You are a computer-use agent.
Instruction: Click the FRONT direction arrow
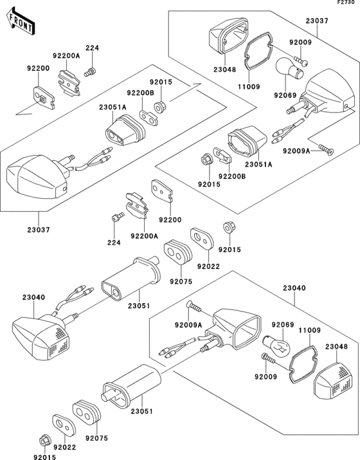pos(20,21)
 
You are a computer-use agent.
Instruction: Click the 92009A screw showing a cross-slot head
pos(327,149)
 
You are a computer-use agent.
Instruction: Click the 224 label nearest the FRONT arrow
pos(93,48)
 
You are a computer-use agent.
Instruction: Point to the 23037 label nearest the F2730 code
pos(317,21)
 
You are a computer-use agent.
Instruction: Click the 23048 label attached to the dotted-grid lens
pos(336,347)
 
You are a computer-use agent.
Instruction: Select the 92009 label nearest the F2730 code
pos(300,42)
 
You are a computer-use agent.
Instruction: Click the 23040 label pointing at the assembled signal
pos(33,297)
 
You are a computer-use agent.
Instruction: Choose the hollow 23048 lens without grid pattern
pos(228,36)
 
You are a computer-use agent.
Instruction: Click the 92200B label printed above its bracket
pos(140,93)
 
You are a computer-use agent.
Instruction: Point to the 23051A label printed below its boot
pos(258,165)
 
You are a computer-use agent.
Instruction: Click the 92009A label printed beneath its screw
pos(188,325)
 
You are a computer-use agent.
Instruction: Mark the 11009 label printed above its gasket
pos(310,330)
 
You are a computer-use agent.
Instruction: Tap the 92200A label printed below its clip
pos(144,235)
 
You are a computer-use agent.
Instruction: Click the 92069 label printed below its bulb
pos(285,95)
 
